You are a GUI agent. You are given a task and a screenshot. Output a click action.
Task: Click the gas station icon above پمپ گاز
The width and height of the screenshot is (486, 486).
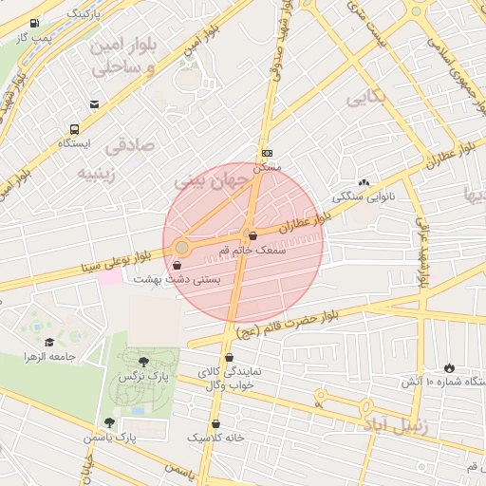[x=35, y=23]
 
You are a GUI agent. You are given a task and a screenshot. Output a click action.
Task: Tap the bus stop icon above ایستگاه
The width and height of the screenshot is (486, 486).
[x=73, y=130]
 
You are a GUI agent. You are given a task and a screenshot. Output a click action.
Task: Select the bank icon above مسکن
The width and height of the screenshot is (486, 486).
[x=267, y=153]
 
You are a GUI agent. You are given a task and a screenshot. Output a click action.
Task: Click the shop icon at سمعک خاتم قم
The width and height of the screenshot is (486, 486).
[x=251, y=234]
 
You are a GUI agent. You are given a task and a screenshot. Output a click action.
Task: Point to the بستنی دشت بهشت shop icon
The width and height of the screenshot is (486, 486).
[x=178, y=266]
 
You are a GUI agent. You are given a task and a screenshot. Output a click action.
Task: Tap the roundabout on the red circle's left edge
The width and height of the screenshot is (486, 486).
[x=181, y=248]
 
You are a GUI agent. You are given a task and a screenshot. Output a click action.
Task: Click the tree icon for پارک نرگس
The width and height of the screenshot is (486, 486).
[x=142, y=362]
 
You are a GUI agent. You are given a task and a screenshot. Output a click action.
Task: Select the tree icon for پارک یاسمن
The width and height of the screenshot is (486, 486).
[x=109, y=422]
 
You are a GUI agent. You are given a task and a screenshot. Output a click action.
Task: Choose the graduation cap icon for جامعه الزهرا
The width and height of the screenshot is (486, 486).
[x=49, y=342]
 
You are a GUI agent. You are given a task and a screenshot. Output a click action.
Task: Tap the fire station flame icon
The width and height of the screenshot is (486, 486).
[x=448, y=367]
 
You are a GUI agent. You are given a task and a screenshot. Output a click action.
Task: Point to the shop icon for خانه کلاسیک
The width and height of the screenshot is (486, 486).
[x=215, y=423]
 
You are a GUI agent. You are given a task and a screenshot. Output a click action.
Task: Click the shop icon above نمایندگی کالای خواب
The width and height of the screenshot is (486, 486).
[x=228, y=358]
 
